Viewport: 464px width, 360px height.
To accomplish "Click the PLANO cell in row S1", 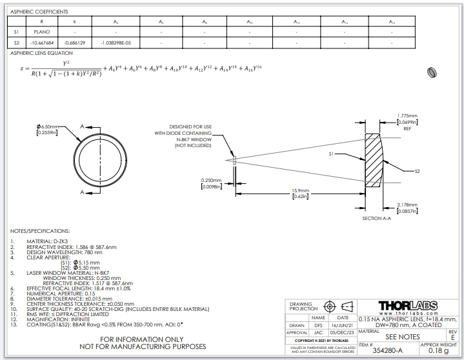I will click(x=42, y=31).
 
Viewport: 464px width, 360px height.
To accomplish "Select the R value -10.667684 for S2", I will click(x=42, y=43).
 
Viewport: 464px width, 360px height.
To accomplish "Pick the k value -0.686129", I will click(x=75, y=43).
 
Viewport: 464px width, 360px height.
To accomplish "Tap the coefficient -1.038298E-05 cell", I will click(x=116, y=43).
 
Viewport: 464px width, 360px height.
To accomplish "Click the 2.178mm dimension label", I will click(x=407, y=205).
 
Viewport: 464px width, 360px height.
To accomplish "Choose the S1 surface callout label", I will click(x=332, y=154).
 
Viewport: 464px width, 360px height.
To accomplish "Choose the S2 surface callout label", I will click(x=417, y=171).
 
